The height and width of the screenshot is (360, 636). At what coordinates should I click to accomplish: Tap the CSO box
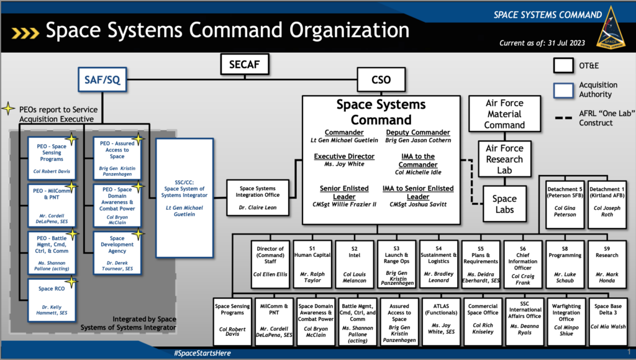[381, 79]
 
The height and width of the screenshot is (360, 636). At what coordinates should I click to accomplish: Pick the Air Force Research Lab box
[504, 158]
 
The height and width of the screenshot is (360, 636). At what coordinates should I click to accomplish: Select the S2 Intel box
[354, 263]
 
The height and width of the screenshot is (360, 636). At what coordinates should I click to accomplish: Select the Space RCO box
[52, 299]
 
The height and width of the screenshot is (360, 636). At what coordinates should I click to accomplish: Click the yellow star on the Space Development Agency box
[138, 234]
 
